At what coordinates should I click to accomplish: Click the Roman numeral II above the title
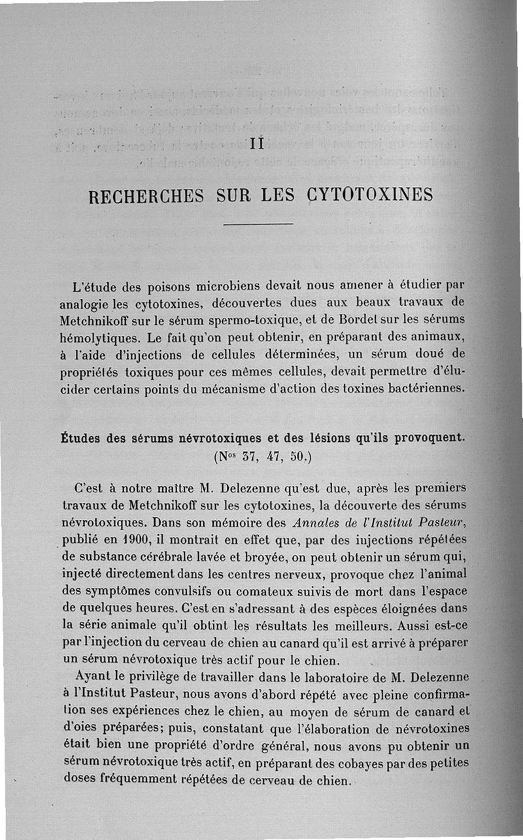coord(256,143)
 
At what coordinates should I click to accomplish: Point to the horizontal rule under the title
coord(258,226)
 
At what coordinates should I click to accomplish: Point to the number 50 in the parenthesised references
coord(296,456)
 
